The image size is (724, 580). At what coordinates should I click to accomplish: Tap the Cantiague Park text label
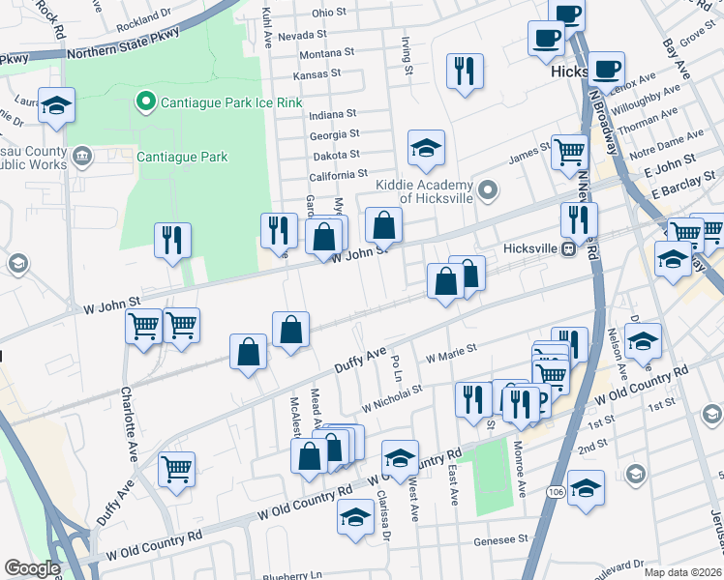181,157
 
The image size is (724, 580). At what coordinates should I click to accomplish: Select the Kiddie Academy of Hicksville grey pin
487,189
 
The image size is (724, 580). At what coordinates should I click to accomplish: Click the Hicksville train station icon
570,248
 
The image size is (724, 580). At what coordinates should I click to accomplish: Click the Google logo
33,568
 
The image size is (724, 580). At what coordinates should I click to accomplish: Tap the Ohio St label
328,13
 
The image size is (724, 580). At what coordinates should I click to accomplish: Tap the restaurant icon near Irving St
465,71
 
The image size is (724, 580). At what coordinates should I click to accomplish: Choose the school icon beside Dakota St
426,148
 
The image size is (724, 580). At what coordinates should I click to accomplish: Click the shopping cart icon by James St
570,152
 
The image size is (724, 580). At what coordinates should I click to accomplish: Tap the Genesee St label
500,540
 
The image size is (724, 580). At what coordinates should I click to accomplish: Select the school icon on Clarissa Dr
355,517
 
